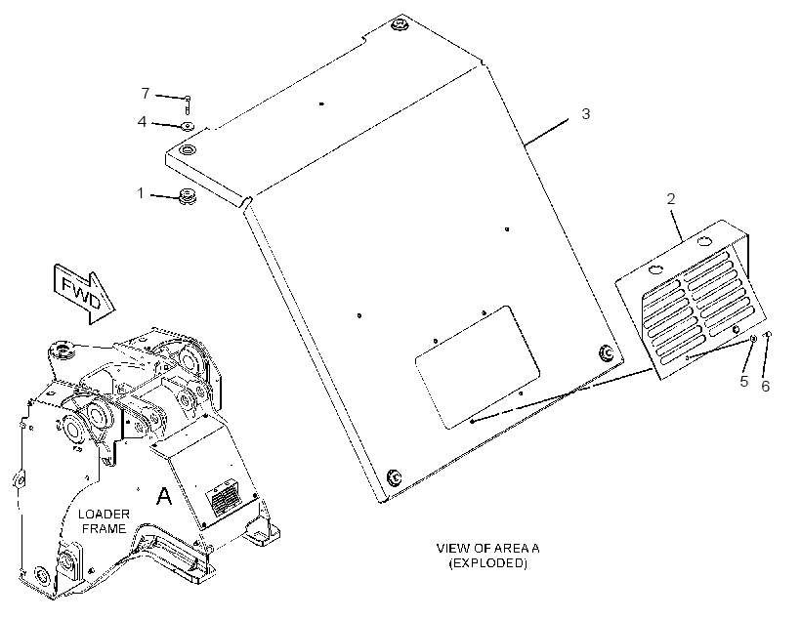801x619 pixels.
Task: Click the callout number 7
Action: tap(146, 94)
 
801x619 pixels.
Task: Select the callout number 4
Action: tap(142, 121)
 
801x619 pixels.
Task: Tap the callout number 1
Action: tap(141, 193)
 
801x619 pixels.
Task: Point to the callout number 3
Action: tap(586, 113)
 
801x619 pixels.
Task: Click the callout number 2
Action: tap(671, 198)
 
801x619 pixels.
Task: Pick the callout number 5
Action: tap(744, 381)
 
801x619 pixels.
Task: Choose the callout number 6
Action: tap(765, 386)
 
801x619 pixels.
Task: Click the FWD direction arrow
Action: tap(84, 294)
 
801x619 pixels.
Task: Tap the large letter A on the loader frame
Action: tap(164, 496)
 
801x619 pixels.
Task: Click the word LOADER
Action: tap(104, 514)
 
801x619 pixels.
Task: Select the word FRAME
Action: tap(105, 528)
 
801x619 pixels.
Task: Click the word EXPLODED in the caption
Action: tap(487, 563)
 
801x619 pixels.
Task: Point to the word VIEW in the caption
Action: tap(453, 549)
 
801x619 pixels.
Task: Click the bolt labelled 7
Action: tap(188, 104)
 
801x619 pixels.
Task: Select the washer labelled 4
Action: tap(188, 125)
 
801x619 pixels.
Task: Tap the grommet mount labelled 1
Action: tap(188, 196)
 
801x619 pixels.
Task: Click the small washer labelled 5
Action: tap(753, 339)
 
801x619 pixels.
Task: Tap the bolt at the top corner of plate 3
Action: tap(397, 24)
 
